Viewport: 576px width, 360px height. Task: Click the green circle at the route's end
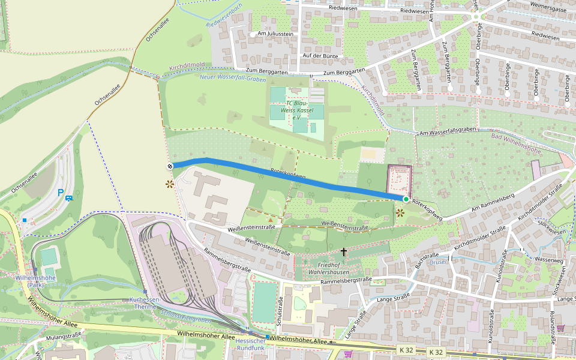pyautogui.click(x=406, y=199)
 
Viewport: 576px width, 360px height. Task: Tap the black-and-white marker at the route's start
pyautogui.click(x=170, y=166)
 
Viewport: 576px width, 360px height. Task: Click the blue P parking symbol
pyautogui.click(x=60, y=193)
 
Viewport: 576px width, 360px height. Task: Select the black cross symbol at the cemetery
pyautogui.click(x=344, y=251)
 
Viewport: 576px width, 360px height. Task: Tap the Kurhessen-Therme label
pyautogui.click(x=145, y=303)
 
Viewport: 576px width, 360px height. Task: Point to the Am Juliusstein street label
pyautogui.click(x=275, y=34)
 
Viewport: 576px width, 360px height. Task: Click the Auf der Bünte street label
pyautogui.click(x=320, y=56)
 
